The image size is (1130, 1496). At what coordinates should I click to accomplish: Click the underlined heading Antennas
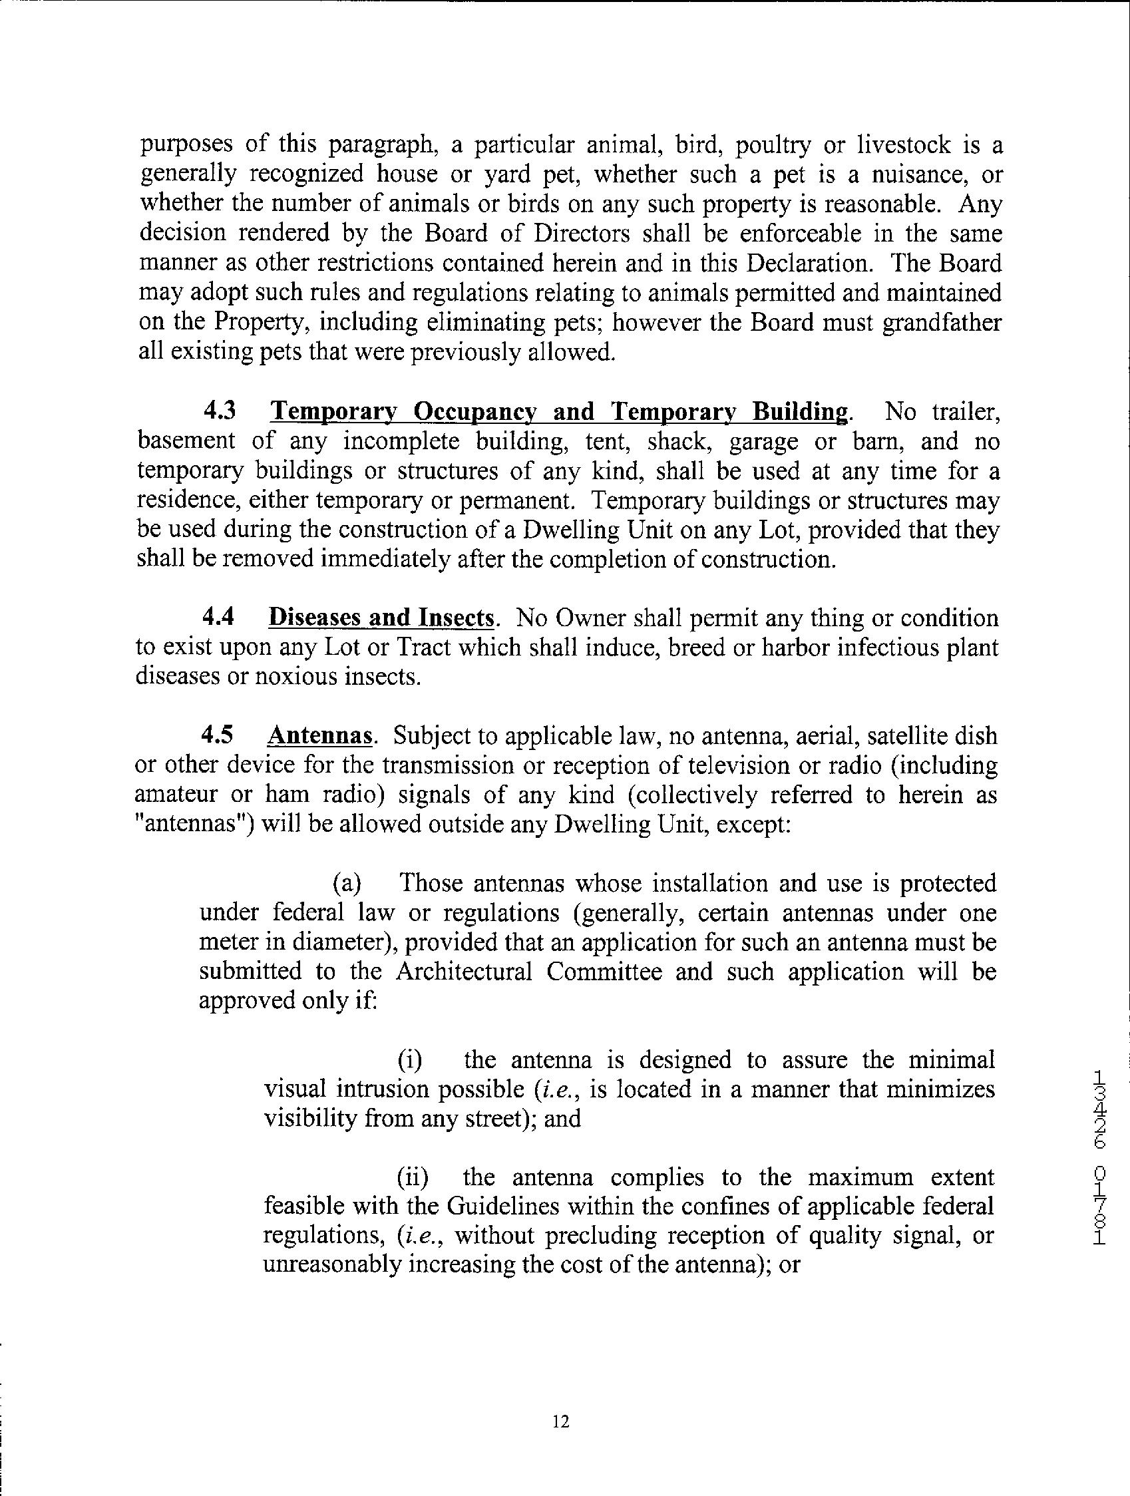point(321,736)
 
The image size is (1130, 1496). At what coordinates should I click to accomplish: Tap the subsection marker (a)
point(346,883)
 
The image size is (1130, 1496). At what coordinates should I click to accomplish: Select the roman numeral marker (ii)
point(412,1177)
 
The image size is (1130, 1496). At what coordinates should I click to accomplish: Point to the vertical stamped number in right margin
point(1099,1157)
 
